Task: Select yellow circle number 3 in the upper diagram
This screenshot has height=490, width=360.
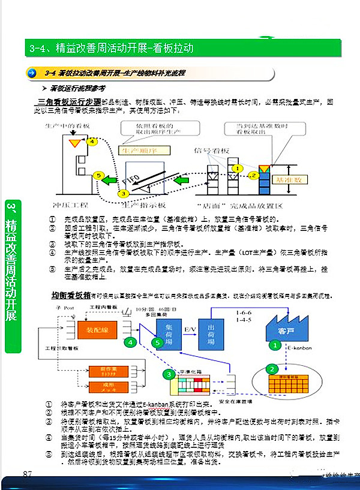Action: [x=123, y=193]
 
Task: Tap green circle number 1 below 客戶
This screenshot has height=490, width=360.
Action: [x=274, y=345]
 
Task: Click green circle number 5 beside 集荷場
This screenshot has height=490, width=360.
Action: [x=158, y=342]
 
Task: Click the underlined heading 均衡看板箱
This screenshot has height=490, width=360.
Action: [x=70, y=296]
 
